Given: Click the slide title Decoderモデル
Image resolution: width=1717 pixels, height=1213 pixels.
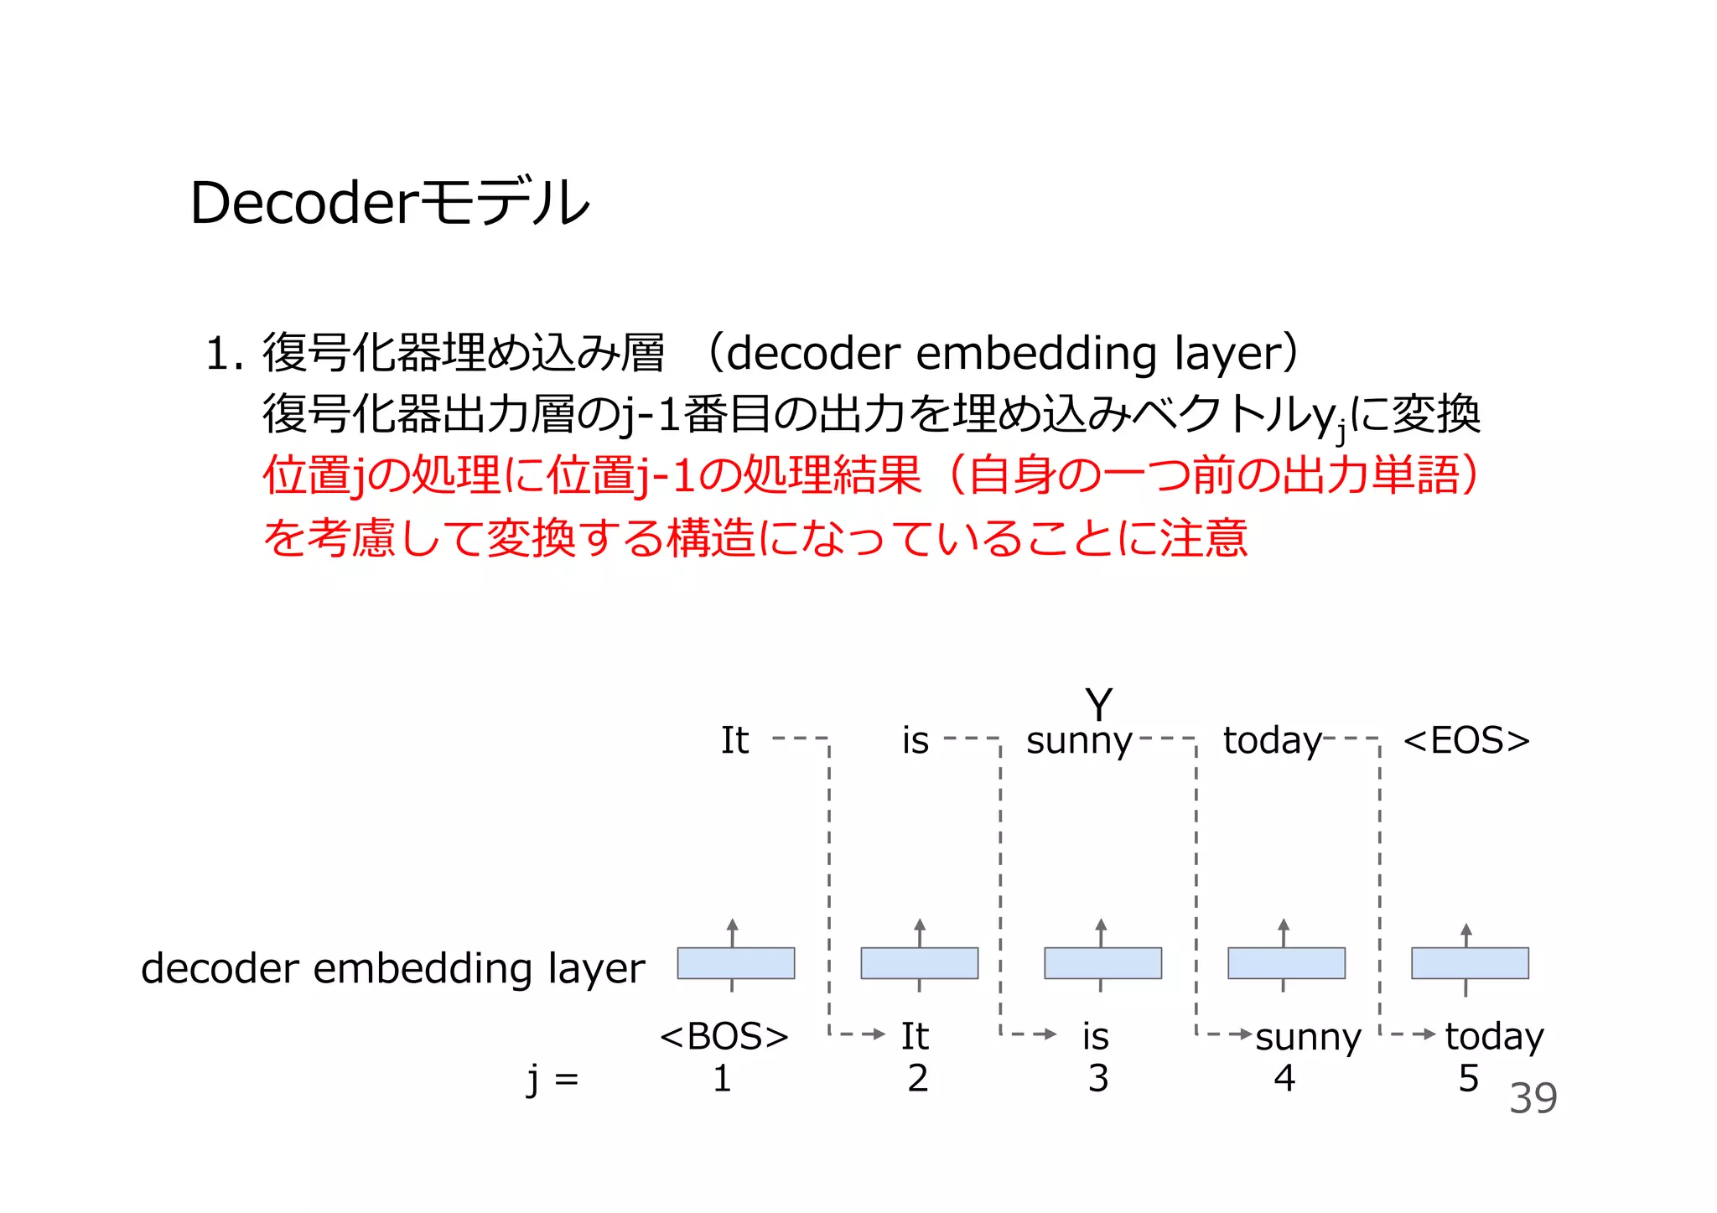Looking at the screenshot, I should coord(390,203).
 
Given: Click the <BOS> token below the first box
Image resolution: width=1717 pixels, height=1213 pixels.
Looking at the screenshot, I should coord(724,1036).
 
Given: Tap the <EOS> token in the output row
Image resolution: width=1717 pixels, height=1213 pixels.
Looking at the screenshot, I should coord(1466,740).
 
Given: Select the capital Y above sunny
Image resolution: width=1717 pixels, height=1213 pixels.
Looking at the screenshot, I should coord(1098,704).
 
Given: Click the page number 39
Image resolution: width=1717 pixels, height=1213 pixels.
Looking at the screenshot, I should coord(1533,1098).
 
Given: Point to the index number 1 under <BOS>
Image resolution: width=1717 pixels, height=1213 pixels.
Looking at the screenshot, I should coord(722,1078).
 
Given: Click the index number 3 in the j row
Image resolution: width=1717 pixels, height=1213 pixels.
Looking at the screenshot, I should coord(1098,1078).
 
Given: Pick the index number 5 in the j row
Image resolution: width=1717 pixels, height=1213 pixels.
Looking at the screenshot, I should coord(1468,1078).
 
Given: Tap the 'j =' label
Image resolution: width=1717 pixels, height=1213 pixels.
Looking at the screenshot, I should coord(552,1079).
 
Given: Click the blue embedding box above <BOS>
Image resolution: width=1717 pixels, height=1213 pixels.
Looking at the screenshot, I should coord(735,963).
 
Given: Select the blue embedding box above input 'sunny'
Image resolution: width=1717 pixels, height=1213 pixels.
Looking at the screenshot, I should coord(1286,963).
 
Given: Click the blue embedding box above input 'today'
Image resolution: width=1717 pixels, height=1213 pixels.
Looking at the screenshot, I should coord(1470,963).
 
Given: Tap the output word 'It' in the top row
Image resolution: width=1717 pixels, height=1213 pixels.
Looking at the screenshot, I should coord(734,740).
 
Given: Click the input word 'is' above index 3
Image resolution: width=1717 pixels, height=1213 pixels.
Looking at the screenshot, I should coord(1095,1036).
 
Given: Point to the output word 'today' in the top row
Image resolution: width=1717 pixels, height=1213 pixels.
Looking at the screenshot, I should coord(1272,740).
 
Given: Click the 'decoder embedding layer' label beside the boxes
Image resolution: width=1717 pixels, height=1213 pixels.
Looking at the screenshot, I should coord(392,968).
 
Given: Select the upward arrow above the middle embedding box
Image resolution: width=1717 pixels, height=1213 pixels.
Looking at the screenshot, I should coord(1101,930).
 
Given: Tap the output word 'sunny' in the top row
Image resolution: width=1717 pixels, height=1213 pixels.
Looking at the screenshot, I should coord(1079,740).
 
